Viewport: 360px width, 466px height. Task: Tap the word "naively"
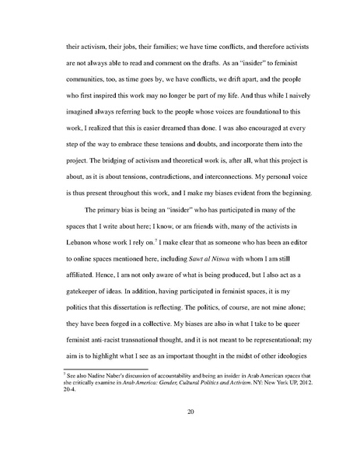pyautogui.click(x=292, y=96)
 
